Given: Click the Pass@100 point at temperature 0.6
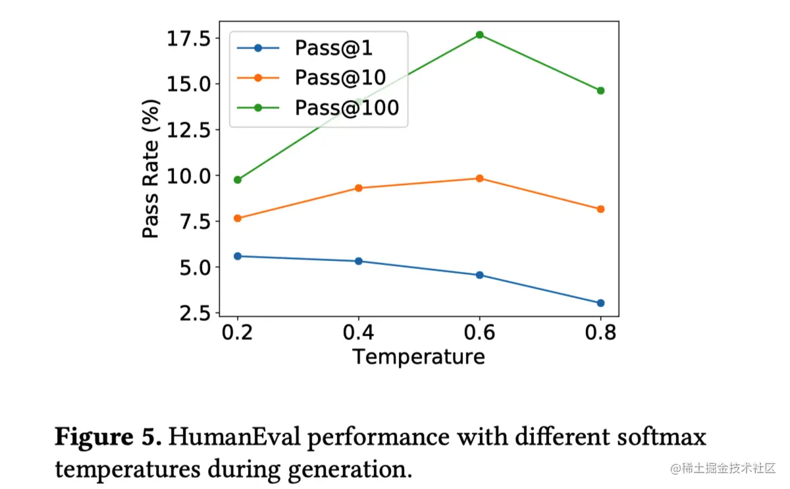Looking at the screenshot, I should point(479,34).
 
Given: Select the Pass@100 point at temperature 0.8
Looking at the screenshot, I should point(600,90).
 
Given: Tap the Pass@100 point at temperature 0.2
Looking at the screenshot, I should point(238,179).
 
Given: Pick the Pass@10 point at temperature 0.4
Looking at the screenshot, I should point(359,188).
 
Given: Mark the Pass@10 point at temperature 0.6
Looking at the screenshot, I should point(479,178).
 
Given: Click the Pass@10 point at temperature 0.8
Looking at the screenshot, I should point(600,209).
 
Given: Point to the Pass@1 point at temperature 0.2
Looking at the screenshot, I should point(238,256).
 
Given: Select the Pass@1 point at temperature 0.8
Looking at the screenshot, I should point(600,303).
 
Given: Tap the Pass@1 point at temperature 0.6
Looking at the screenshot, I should point(479,275).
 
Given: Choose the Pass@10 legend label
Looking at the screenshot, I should point(340,77).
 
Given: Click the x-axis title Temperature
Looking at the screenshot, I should point(419,357).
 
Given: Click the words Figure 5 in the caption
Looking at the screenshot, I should point(107,437).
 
